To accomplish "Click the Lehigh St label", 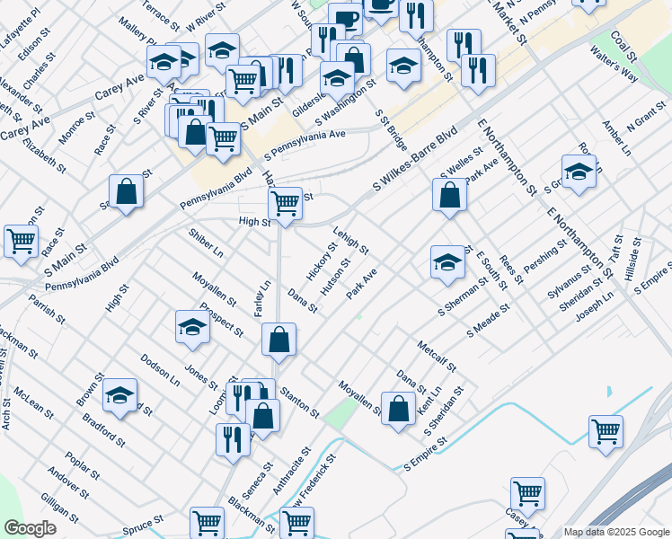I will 351,240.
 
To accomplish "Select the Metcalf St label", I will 438,355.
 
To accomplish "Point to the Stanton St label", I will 299,402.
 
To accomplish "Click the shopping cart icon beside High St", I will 285,203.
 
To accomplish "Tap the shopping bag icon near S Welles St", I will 449,194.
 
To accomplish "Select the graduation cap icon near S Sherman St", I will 447,261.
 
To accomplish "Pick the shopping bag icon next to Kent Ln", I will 398,408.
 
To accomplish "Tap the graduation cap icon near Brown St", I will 119,394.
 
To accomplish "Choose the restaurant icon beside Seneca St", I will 233,439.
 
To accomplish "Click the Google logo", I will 30,528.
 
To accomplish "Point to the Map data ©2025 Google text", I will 615,532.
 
